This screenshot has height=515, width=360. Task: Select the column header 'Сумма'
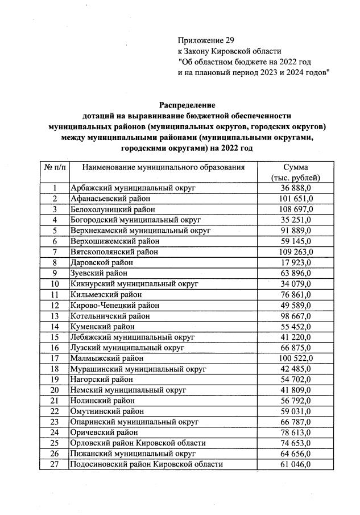coord(295,167)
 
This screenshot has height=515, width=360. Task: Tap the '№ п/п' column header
coord(55,167)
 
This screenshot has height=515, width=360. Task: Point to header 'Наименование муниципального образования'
coord(163,167)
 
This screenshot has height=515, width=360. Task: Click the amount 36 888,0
coord(295,188)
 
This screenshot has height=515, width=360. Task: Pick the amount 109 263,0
coord(295,252)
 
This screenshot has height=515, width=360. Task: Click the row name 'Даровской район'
coord(101,262)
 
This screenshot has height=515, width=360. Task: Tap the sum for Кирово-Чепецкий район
coord(295,304)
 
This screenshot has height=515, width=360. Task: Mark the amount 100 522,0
coord(295,358)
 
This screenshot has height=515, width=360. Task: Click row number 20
coord(55,390)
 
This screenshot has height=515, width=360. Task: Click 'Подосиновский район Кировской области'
coord(146,464)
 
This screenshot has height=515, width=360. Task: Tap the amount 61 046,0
coord(295,464)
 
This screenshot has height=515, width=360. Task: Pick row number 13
coord(55,315)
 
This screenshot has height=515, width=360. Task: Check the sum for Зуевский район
coord(295,273)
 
